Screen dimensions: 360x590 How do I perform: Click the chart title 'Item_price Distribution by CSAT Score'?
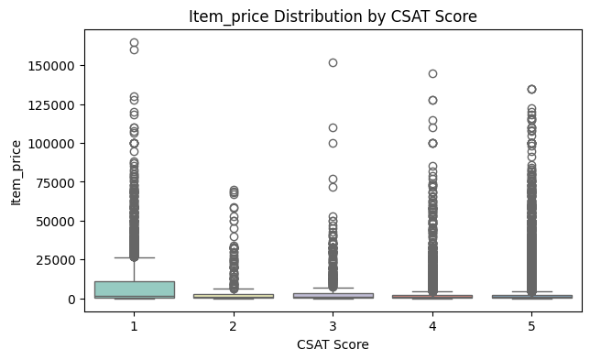pyautogui.click(x=333, y=16)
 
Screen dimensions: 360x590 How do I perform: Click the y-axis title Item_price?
pyautogui.click(x=16, y=170)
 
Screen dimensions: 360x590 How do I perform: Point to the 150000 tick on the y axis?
pyautogui.click(x=56, y=66)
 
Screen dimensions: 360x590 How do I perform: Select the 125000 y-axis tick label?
pyautogui.click(x=56, y=104)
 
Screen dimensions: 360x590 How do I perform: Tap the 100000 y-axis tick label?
pyautogui.click(x=56, y=144)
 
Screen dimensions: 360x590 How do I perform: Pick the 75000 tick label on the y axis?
pyautogui.click(x=60, y=182)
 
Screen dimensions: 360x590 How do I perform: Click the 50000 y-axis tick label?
pyautogui.click(x=60, y=221)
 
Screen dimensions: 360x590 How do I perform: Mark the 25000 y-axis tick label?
pyautogui.click(x=60, y=260)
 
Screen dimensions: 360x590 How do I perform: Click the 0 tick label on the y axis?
pyautogui.click(x=73, y=299)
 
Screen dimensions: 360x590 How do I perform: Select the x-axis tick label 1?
pyautogui.click(x=134, y=324)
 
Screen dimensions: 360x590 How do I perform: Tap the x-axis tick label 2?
pyautogui.click(x=234, y=324)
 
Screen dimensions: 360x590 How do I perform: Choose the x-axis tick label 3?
pyautogui.click(x=333, y=324)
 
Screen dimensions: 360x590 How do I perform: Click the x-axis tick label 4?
pyautogui.click(x=432, y=324)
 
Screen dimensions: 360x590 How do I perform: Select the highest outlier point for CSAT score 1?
pyautogui.click(x=134, y=43)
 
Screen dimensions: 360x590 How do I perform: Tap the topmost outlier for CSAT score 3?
pyautogui.click(x=333, y=62)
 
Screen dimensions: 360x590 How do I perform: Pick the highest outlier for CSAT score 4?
pyautogui.click(x=432, y=73)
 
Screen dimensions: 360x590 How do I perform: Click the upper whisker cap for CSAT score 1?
pyautogui.click(x=134, y=258)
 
